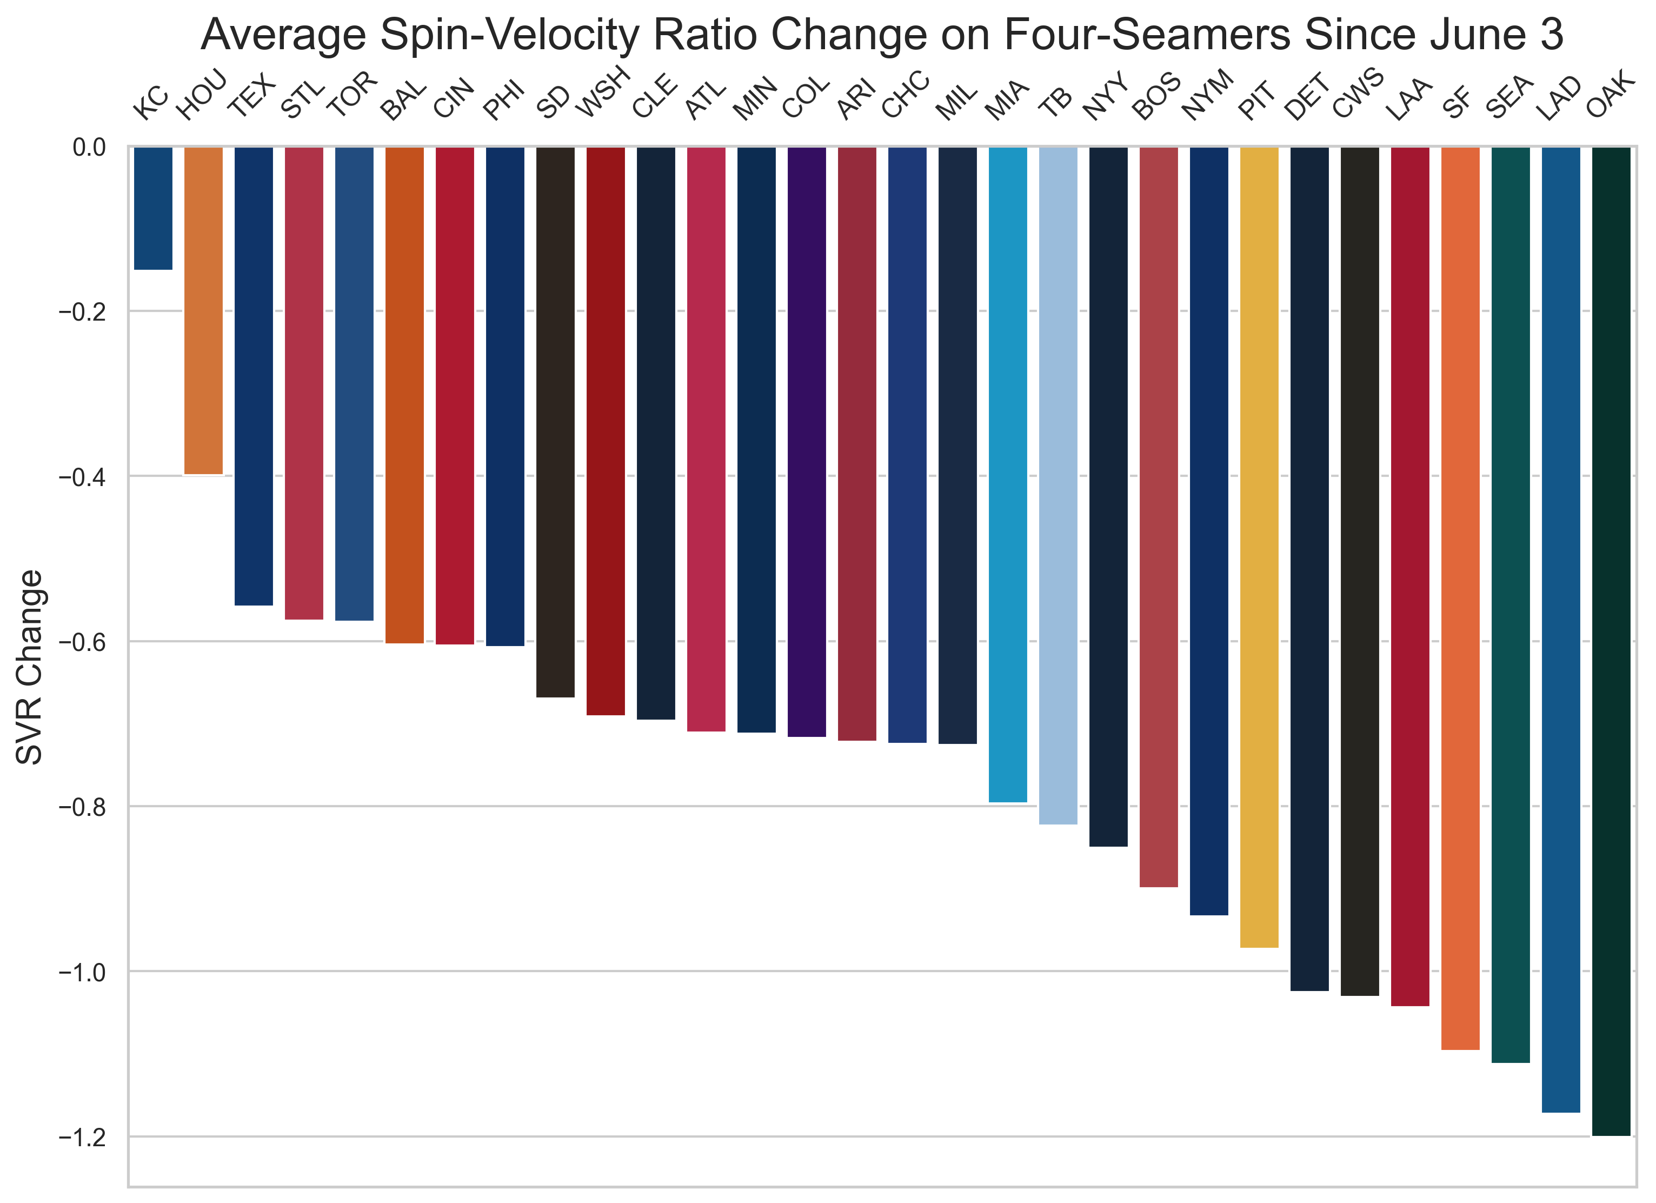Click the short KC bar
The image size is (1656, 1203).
154,208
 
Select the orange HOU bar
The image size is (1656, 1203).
204,310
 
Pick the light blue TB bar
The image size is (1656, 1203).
1058,486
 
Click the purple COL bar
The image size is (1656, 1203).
806,442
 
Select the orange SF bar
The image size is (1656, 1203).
1460,599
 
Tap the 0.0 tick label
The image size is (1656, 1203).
89,148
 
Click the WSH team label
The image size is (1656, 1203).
603,92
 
